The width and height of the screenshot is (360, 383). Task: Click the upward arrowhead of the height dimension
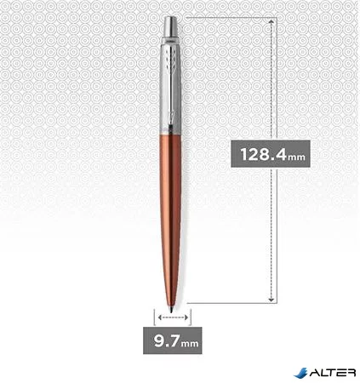(271, 20)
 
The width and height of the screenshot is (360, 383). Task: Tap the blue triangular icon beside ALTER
(301, 371)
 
